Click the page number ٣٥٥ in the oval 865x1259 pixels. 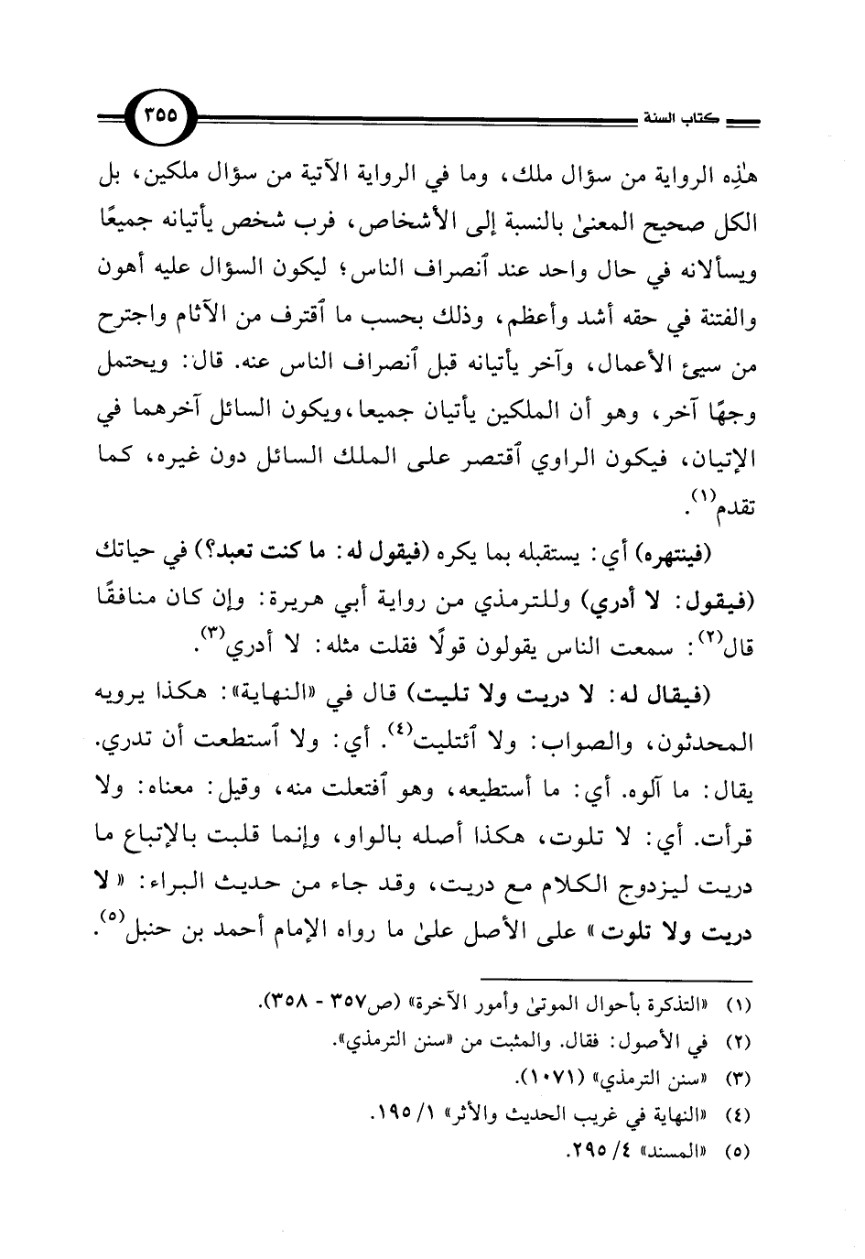(x=162, y=116)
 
